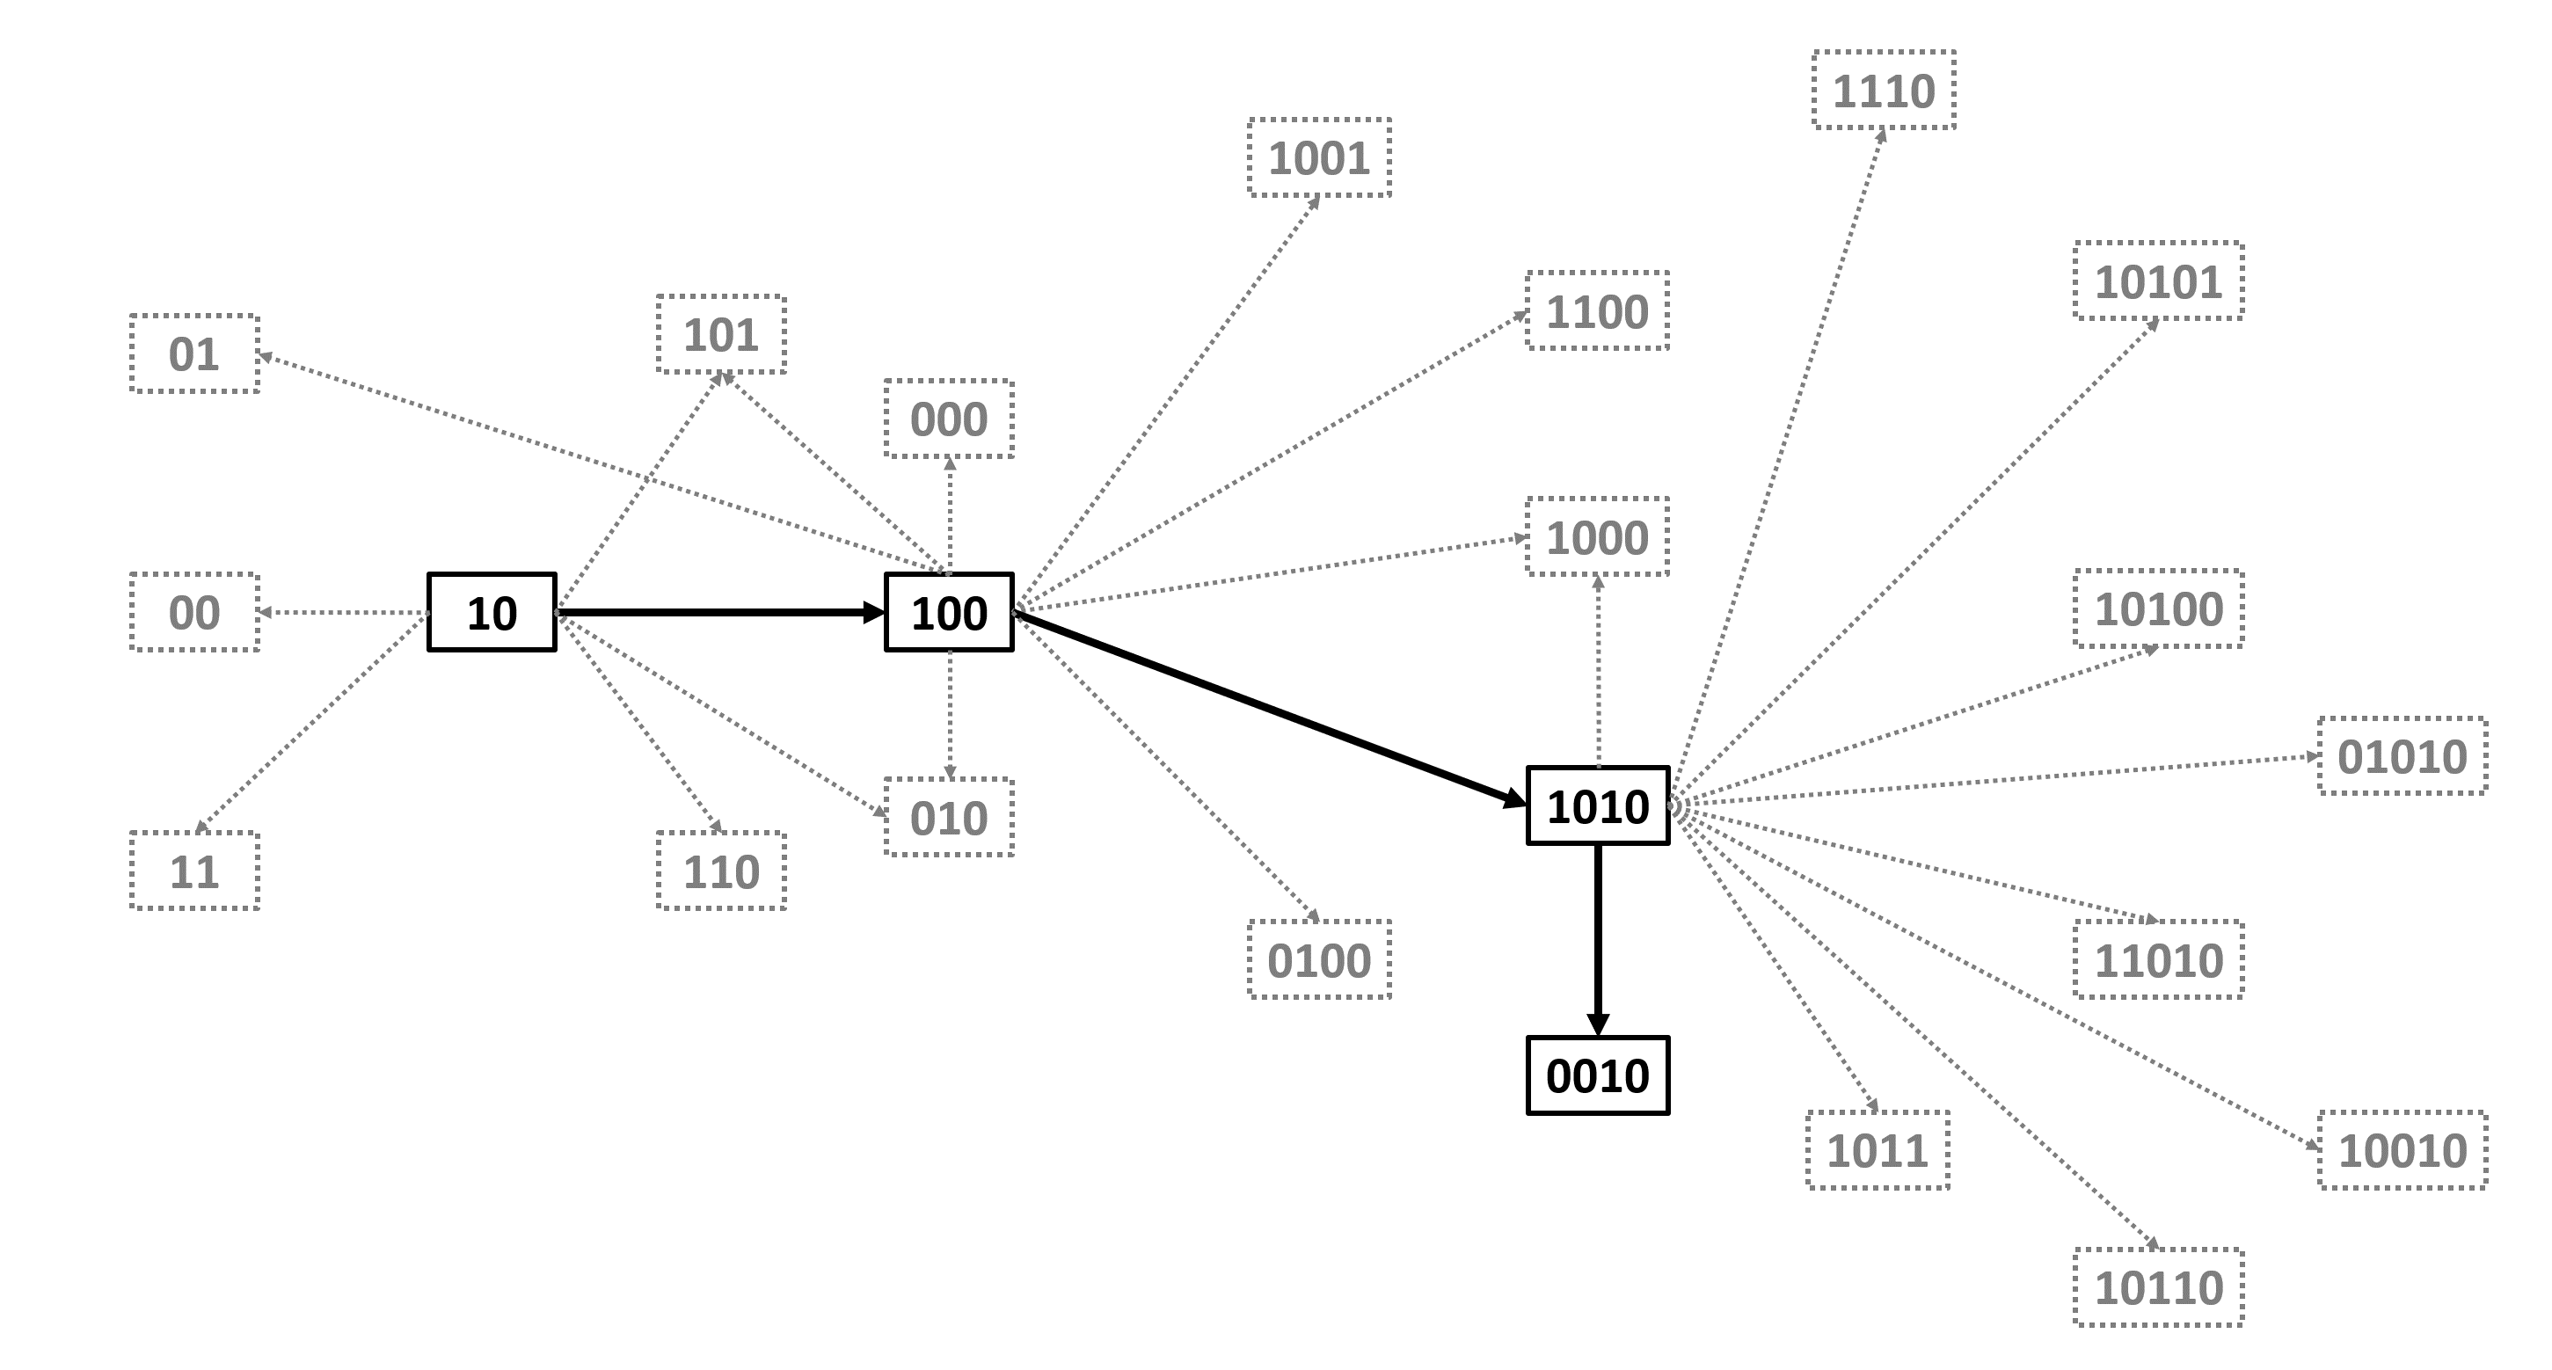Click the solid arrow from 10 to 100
(720, 612)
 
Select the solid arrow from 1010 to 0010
(1598, 940)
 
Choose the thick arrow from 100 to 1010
(1270, 710)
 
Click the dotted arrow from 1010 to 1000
(1598, 672)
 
